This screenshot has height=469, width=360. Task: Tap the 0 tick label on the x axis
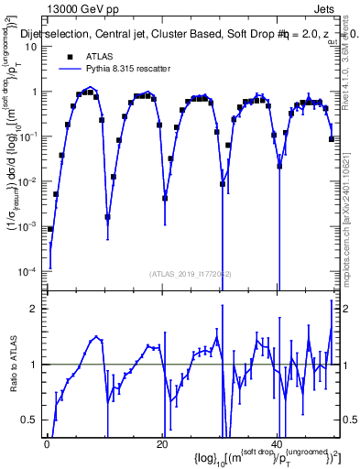coord(47,444)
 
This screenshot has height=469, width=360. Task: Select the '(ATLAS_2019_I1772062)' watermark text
coord(191,273)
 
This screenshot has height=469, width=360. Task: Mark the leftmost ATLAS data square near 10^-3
coord(50,229)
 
